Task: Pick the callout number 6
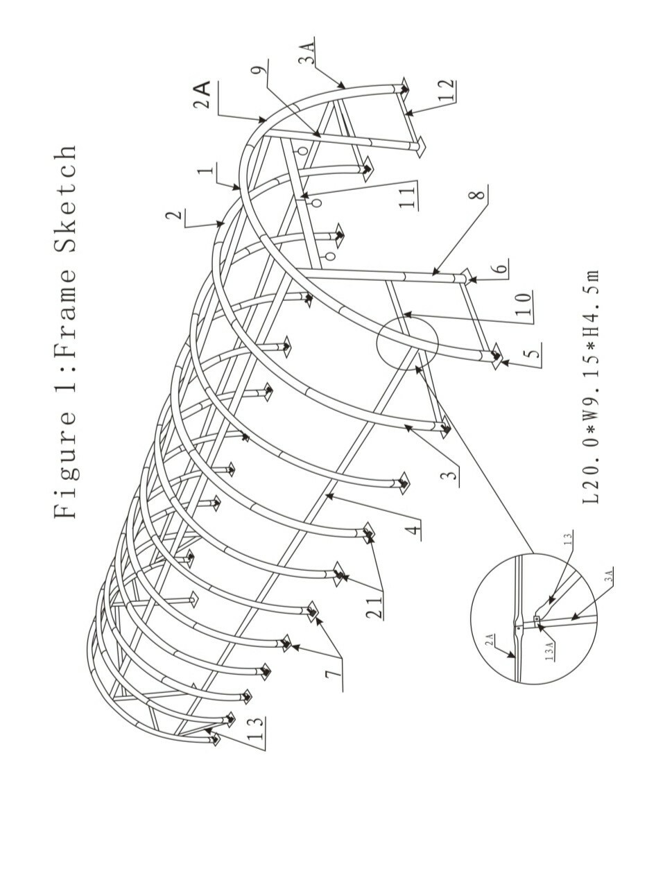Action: pos(501,268)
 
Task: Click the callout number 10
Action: pos(524,304)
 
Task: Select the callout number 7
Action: pos(334,673)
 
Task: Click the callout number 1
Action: pos(206,171)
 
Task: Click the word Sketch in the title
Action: pos(65,200)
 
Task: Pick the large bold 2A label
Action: pos(202,95)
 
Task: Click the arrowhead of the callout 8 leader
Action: pos(435,273)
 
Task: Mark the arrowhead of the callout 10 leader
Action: pos(406,315)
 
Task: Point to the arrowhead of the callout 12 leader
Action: pos(408,114)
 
